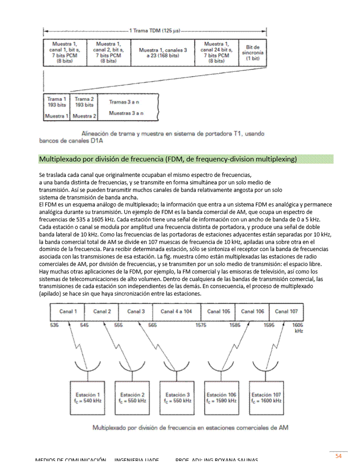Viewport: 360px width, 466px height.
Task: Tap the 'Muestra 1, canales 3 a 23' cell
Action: point(163,53)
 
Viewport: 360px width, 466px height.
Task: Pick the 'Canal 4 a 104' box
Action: point(176,312)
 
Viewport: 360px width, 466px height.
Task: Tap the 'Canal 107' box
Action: point(286,312)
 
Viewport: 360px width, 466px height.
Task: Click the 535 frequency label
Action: point(54,325)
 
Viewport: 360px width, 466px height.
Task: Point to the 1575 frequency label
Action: point(201,325)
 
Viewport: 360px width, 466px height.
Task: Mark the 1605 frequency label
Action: point(298,325)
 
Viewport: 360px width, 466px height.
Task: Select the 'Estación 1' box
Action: point(88,398)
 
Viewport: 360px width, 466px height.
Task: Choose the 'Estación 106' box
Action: point(221,398)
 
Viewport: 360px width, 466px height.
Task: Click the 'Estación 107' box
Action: point(266,398)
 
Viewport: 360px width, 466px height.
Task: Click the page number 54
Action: point(338,456)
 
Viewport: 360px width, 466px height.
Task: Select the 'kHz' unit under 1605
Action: point(298,331)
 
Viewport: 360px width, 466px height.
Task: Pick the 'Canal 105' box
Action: point(218,312)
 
